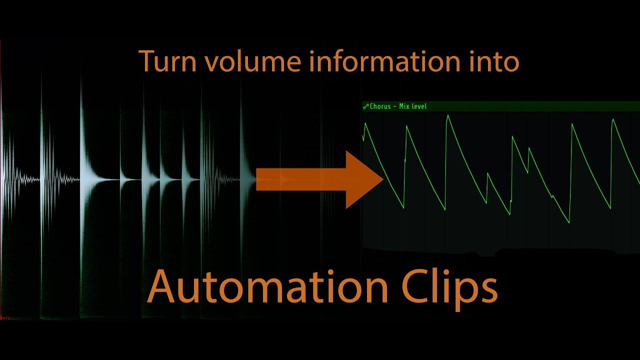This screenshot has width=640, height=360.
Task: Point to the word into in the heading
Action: coord(495,61)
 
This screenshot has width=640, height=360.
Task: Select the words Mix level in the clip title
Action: coord(413,106)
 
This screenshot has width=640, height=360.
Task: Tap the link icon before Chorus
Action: coord(366,106)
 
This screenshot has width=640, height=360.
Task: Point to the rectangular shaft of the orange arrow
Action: coord(300,179)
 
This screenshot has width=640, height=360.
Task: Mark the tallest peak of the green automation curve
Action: coord(447,116)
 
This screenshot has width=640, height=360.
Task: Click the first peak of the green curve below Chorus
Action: coord(365,123)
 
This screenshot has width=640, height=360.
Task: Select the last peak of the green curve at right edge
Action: coord(613,120)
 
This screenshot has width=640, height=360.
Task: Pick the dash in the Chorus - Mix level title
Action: coord(394,107)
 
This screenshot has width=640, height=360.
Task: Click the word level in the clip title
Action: coord(418,106)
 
